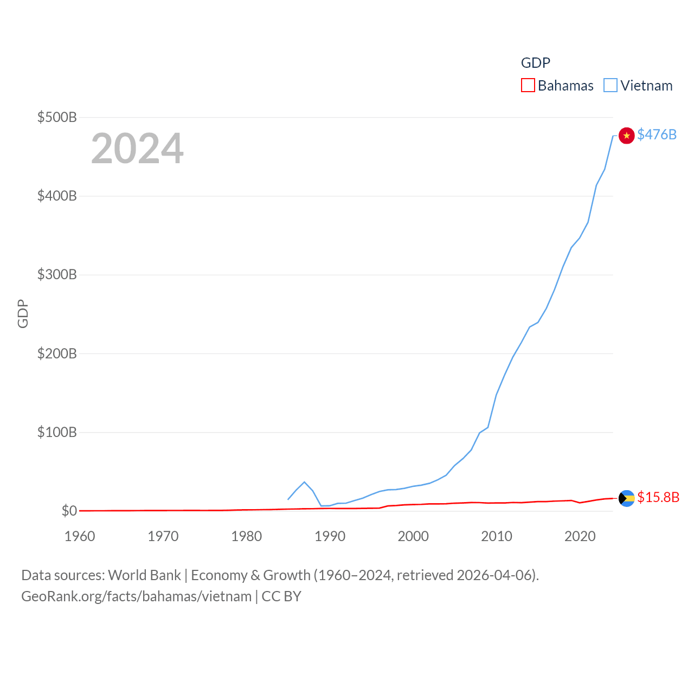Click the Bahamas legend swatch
click(528, 86)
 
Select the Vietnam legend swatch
click(611, 86)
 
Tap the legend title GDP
click(535, 63)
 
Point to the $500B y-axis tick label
click(57, 117)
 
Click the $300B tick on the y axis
click(57, 274)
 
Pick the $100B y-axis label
click(57, 432)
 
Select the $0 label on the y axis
click(69, 511)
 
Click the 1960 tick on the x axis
click(80, 536)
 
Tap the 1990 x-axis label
click(330, 536)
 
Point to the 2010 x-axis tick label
click(497, 536)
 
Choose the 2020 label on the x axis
click(580, 536)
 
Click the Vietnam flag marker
click(626, 136)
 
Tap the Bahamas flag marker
click(626, 498)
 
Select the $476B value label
click(657, 134)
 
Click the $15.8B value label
click(658, 497)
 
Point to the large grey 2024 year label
click(137, 149)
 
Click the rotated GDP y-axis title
click(23, 313)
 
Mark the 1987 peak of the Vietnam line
click(304, 482)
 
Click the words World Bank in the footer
click(144, 575)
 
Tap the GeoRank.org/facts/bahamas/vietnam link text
click(136, 596)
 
